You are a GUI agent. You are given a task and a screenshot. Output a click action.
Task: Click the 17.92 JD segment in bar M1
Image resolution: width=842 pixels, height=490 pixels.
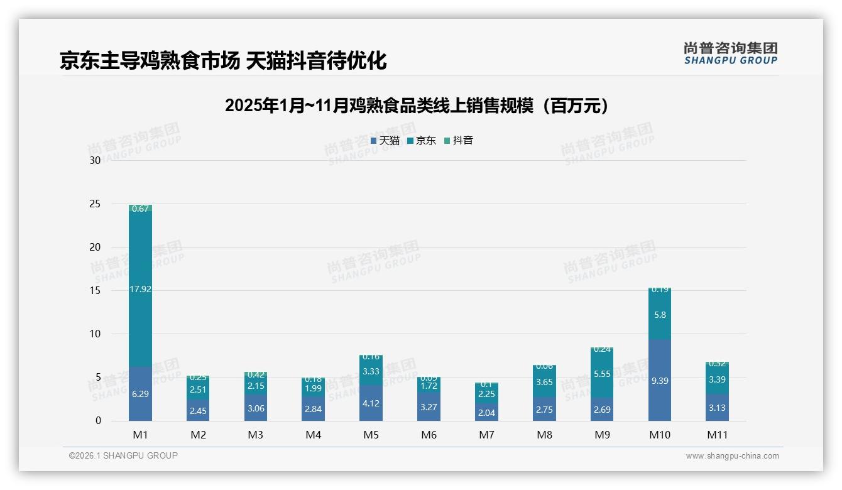[x=140, y=289]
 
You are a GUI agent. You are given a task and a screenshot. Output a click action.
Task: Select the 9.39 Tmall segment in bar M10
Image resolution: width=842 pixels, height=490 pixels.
[x=660, y=380]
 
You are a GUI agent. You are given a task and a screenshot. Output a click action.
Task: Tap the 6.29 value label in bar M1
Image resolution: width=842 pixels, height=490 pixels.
[x=140, y=394]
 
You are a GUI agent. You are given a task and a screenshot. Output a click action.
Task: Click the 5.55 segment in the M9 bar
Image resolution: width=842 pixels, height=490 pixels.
[x=602, y=374]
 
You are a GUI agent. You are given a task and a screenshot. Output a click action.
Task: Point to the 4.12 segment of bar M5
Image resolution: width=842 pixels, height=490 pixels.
[x=371, y=403]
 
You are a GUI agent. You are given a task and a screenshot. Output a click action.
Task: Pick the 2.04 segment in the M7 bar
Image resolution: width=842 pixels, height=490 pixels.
[x=486, y=412]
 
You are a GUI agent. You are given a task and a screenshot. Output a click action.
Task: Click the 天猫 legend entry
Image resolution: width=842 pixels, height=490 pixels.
[x=385, y=141]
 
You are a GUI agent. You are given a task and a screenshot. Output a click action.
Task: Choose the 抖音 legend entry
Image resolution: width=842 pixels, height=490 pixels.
[x=459, y=141]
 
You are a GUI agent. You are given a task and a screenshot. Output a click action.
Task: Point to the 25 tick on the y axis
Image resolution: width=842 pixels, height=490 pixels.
[x=95, y=204]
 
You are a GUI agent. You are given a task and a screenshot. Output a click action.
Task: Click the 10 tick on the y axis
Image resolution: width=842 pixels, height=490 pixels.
[x=95, y=334]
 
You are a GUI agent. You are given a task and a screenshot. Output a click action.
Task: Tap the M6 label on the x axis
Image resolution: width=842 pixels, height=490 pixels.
[x=429, y=435]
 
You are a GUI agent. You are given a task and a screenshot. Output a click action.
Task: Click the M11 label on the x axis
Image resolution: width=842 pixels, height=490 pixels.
[x=717, y=435]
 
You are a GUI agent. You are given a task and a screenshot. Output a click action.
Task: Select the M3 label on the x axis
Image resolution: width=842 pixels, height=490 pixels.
[x=255, y=435]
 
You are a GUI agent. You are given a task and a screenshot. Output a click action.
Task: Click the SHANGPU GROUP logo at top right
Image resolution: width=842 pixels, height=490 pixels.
[x=730, y=53]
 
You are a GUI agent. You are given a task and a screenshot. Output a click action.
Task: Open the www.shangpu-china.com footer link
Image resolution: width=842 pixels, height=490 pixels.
[x=732, y=456]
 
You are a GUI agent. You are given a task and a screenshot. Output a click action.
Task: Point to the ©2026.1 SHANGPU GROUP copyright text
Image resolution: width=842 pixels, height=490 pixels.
[x=123, y=455]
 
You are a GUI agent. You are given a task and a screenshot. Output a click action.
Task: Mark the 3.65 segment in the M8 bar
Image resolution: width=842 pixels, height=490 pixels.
[x=544, y=382]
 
